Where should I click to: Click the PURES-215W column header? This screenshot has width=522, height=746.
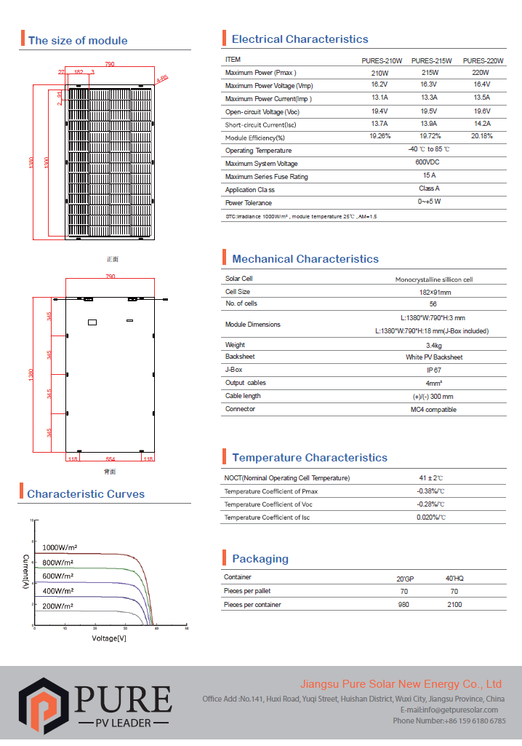pos(431,60)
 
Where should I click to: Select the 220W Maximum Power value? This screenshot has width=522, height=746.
pos(480,74)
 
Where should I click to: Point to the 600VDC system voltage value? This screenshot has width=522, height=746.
pos(429,163)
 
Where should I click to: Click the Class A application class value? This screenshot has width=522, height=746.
pos(429,189)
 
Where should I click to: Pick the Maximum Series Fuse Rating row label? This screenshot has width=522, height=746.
pos(266,177)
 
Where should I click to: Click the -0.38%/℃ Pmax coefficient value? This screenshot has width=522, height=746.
pos(430,491)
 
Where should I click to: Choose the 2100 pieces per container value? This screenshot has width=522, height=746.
pos(454,605)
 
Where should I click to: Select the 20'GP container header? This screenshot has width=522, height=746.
pos(404,578)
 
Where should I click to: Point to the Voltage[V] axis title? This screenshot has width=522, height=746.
pos(109,638)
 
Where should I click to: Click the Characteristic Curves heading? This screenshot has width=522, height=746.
pos(86,494)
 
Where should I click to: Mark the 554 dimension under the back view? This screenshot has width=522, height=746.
pos(111,459)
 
